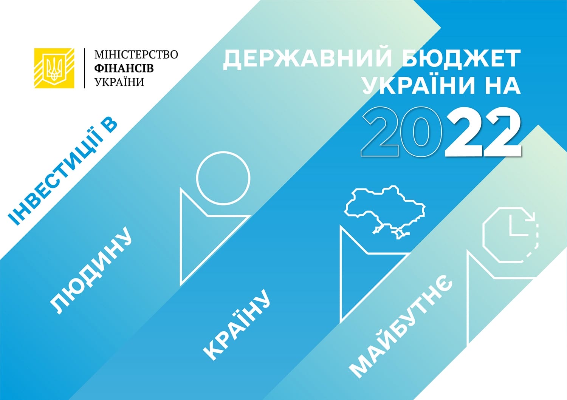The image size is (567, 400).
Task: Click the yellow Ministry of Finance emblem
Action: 54,68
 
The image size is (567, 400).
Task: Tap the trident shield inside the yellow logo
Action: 54,68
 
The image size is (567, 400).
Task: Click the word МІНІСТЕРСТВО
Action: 136,55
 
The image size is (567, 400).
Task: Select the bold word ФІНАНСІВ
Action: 124,68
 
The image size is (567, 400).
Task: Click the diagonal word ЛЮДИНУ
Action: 91,271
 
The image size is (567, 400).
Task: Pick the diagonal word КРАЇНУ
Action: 237,325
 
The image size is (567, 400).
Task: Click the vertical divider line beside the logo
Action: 85,68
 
